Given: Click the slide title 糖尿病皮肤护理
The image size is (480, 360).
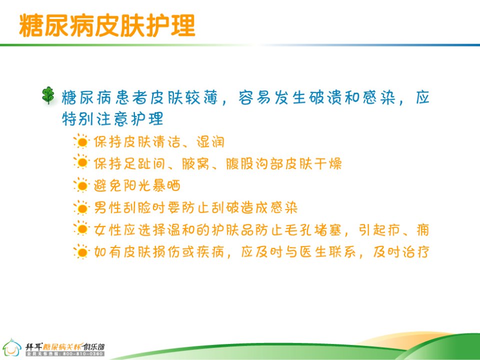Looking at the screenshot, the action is point(107,25).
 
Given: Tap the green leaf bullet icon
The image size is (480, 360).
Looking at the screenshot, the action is point(48,95).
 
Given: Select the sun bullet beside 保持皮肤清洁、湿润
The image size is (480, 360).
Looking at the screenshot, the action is point(81,141).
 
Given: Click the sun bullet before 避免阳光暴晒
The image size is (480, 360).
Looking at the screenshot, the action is point(81,185).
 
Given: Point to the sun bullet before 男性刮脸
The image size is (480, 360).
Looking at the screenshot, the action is point(81,207).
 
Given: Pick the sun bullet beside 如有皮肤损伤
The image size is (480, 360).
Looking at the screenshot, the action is point(81,251).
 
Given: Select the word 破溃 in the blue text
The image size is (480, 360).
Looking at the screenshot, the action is point(325,97).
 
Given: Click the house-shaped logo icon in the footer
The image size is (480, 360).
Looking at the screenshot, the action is point(11,347).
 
